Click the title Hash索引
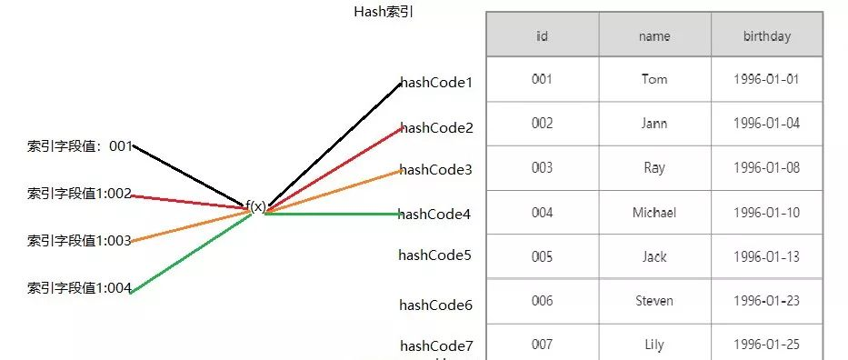[x=383, y=13]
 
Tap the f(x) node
[x=256, y=206]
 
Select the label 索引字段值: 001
[x=80, y=145]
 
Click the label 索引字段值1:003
[x=80, y=241]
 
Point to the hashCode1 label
[x=436, y=83]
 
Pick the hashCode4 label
[x=434, y=215]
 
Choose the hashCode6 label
[x=435, y=305]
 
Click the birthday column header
[x=766, y=36]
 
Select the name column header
[x=654, y=36]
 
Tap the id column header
[x=542, y=36]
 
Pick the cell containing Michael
[x=654, y=213]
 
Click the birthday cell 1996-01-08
[x=766, y=168]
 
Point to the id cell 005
[x=542, y=256]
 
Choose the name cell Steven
[x=654, y=300]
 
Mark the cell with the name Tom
[x=654, y=79]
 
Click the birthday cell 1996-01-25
[x=766, y=345]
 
